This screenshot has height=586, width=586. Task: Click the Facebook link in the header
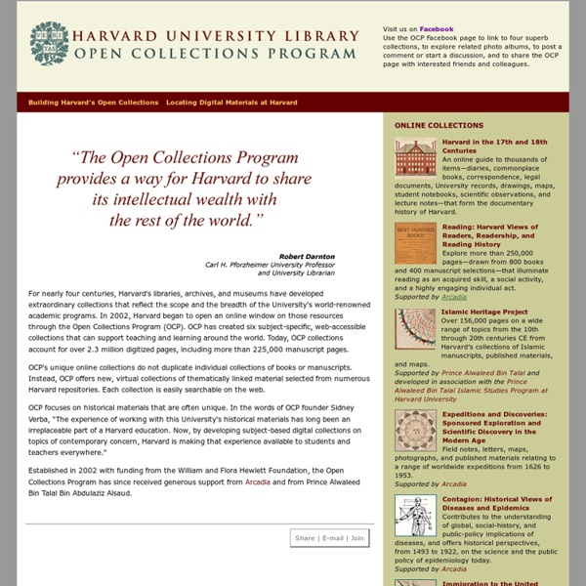click(x=437, y=29)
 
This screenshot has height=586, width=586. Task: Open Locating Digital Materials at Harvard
click(x=231, y=103)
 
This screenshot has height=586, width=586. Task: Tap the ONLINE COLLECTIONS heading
click(x=439, y=126)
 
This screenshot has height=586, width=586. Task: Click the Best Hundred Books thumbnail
click(x=415, y=243)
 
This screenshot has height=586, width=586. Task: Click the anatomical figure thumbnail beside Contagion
click(x=415, y=515)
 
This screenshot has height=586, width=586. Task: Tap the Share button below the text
click(x=305, y=537)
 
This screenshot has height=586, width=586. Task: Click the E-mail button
click(x=331, y=537)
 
